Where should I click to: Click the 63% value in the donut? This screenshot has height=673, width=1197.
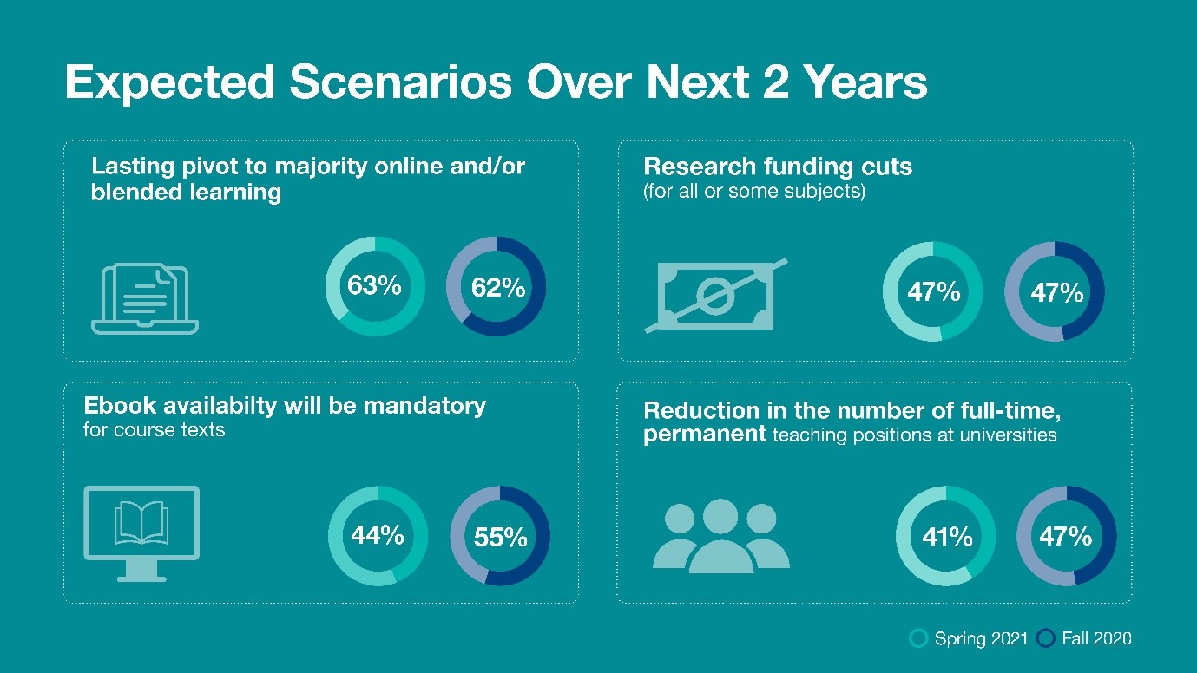374,285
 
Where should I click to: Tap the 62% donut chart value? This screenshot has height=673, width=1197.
498,287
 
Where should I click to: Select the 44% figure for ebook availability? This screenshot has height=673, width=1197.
378,535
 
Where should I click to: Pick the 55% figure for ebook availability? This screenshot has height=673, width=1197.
500,537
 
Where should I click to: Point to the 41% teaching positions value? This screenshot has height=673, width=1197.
947,537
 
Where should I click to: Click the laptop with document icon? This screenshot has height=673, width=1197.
145,299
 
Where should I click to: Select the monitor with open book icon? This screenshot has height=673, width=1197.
141,533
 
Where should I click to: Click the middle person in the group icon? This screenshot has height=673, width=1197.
720,536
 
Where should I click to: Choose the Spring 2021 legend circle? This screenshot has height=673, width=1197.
918,638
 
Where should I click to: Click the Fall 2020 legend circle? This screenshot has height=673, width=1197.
1046,638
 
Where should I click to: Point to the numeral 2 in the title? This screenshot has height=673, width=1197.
776,82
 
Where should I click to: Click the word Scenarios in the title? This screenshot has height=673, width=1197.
400,82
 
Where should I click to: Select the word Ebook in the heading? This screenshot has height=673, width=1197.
120,406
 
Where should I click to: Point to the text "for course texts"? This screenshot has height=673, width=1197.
154,429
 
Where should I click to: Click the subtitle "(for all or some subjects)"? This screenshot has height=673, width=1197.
754,191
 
